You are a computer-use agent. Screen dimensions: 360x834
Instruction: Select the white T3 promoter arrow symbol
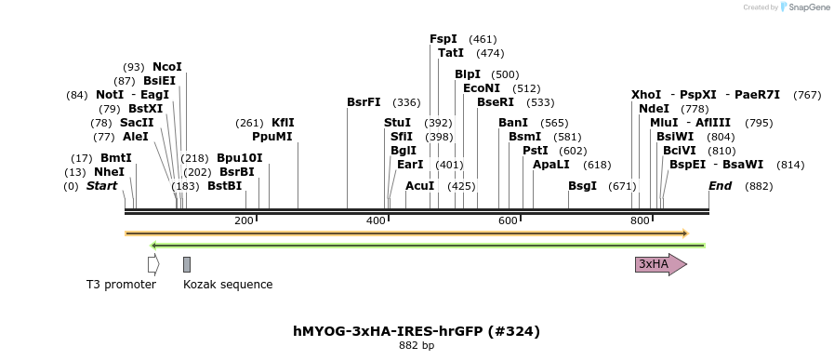[x=152, y=264]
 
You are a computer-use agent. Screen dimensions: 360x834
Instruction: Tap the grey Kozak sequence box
[x=187, y=264]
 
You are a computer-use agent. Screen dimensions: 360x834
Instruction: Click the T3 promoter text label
[x=121, y=285]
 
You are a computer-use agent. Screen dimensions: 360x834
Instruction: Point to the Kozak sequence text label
[x=228, y=285]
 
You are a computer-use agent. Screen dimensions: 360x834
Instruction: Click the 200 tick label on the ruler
[x=244, y=220]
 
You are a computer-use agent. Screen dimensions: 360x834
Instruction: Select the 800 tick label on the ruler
[x=640, y=220]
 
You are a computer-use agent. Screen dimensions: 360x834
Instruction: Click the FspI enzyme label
[x=443, y=39]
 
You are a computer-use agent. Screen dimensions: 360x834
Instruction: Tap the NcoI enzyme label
[x=167, y=67]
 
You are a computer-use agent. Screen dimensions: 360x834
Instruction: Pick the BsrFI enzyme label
[x=364, y=102]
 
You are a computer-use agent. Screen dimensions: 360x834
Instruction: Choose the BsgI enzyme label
[x=582, y=186]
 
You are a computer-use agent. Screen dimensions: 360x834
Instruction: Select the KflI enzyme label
[x=283, y=123]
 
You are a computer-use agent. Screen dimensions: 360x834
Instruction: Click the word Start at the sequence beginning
[x=101, y=186]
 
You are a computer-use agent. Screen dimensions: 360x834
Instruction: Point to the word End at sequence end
[x=721, y=186]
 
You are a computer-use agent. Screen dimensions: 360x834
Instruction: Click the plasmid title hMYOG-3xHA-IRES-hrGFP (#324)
[x=417, y=331]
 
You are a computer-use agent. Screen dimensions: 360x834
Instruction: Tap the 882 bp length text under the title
[x=417, y=345]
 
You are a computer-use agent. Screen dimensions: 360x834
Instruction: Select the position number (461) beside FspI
[x=483, y=39]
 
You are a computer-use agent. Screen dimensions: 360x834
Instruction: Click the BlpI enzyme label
[x=468, y=74]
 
